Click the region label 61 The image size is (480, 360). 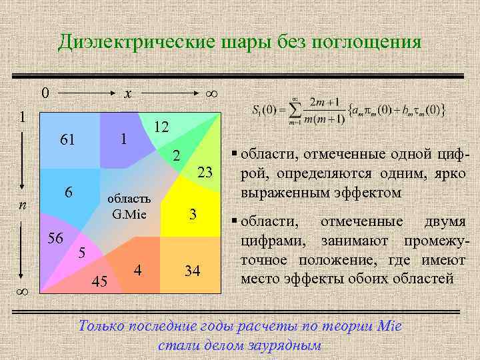[x=67, y=140]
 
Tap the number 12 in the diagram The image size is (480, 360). [x=160, y=127]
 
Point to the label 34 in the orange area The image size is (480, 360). [x=193, y=271]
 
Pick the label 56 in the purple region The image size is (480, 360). [x=55, y=239]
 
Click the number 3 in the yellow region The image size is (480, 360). [x=193, y=215]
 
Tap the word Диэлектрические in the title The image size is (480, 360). [x=134, y=43]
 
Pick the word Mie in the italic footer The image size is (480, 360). [x=387, y=327]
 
